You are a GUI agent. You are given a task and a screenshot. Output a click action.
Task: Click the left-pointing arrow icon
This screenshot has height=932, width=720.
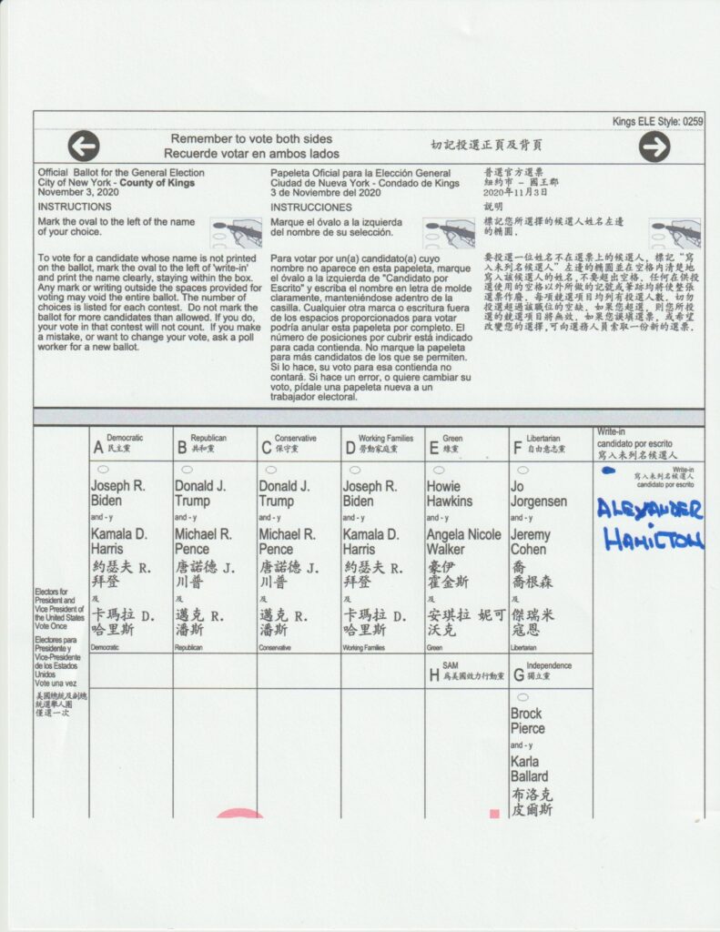84,146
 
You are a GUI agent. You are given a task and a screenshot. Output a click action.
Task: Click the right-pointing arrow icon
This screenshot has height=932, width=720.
654,147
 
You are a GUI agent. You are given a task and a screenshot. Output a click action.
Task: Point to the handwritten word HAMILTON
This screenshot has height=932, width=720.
652,540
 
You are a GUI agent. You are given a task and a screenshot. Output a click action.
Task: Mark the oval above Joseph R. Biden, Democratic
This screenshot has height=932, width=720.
102,470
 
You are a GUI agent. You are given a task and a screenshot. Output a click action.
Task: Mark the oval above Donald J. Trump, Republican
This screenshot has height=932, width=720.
187,470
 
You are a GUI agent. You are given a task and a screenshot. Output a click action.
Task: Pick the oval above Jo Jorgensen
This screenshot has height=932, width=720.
522,470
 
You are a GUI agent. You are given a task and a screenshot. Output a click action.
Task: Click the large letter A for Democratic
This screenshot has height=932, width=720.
97,448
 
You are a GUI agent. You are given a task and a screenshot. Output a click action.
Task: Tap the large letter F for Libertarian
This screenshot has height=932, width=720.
518,448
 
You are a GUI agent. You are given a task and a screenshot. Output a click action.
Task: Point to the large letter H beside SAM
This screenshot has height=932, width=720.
433,675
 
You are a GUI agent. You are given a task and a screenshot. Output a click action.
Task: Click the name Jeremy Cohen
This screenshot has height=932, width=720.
530,542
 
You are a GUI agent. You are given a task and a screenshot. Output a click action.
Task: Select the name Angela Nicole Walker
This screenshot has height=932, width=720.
464,542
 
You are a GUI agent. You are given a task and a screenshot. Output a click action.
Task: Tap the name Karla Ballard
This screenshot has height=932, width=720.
529,768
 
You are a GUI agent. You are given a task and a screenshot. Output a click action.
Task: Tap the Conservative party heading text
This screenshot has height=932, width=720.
295,438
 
